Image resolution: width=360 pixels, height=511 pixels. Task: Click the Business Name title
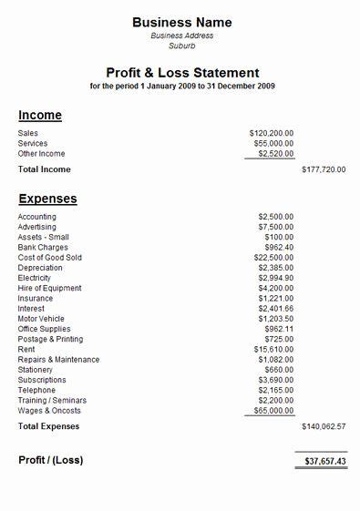[182, 22]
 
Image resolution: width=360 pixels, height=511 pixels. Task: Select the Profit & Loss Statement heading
[182, 73]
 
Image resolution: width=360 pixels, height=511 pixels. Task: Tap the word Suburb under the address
[182, 46]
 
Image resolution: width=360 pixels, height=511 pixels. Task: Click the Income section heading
[40, 116]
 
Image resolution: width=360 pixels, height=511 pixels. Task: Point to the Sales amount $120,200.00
[271, 133]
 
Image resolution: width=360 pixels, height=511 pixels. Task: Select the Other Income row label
[41, 154]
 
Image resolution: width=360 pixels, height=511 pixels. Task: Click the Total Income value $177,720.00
[324, 169]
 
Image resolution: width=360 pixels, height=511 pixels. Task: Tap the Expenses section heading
[47, 199]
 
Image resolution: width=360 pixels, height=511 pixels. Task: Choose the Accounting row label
[37, 217]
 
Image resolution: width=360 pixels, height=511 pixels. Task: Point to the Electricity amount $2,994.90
[274, 278]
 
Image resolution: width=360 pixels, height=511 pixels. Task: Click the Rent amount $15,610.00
[273, 349]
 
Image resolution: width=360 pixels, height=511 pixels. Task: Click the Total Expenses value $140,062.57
[324, 426]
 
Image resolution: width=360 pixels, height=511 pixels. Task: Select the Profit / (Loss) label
[51, 460]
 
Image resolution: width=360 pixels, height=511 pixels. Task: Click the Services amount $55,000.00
[273, 143]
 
